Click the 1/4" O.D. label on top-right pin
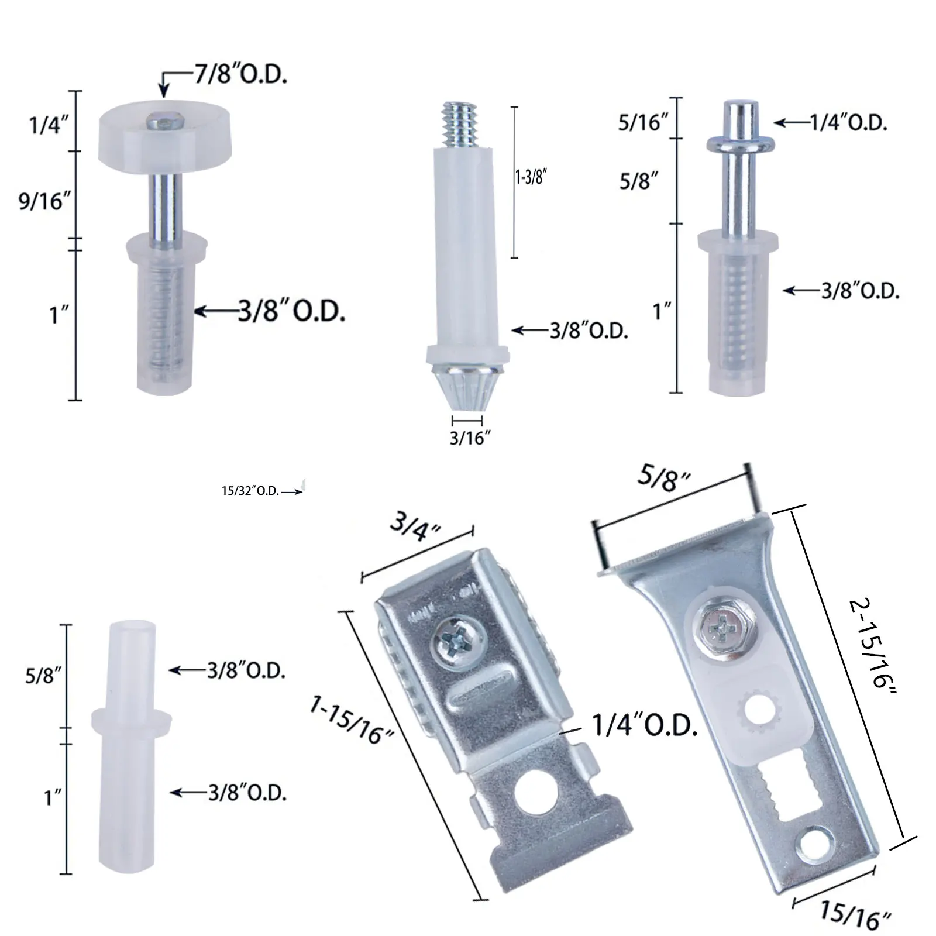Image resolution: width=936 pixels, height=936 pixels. [x=848, y=123]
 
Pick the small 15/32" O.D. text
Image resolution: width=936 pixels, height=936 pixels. [x=250, y=491]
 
